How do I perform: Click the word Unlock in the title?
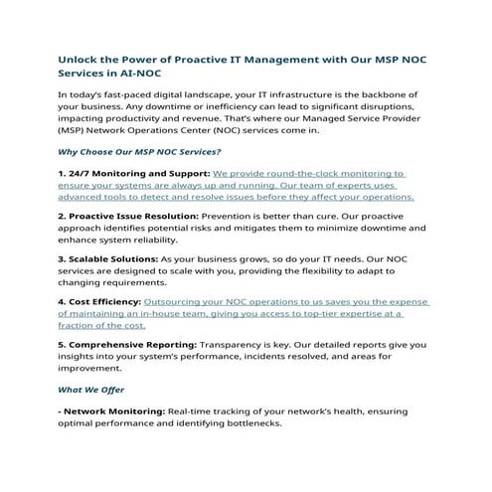tap(82, 59)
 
